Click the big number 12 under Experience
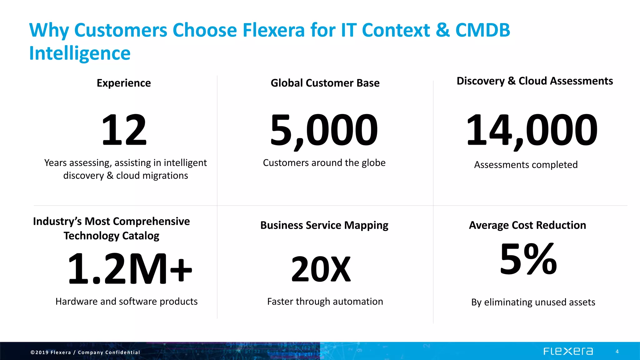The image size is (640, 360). click(124, 130)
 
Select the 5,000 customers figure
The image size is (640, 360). click(324, 130)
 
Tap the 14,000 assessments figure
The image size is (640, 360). click(532, 130)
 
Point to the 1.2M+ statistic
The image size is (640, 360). click(130, 269)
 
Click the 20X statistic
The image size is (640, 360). click(321, 269)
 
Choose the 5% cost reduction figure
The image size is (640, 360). click(528, 259)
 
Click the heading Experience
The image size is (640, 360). click(124, 83)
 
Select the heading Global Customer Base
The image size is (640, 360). click(325, 83)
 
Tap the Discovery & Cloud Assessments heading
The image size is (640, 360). click(535, 81)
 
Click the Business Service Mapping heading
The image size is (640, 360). click(324, 225)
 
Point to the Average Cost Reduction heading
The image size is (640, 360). click(527, 225)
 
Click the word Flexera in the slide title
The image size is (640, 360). click(273, 30)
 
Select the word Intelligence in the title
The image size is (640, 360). click(80, 53)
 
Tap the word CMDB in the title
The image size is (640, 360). click(482, 30)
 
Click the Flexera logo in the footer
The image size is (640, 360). click(568, 352)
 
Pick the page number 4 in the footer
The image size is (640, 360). click(617, 352)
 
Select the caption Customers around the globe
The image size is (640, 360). click(324, 163)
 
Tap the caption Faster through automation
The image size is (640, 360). click(325, 302)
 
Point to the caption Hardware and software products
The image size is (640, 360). click(127, 302)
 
